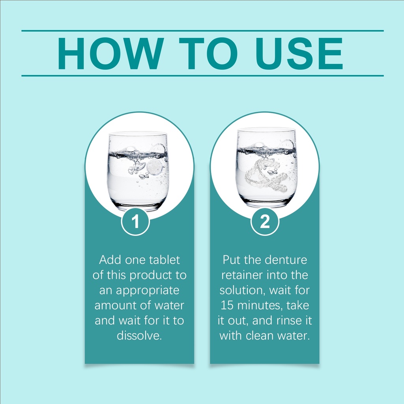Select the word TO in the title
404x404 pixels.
pyautogui.click(x=208, y=54)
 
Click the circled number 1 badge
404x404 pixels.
pyautogui.click(x=136, y=221)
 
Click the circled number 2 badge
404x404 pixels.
pyautogui.click(x=265, y=221)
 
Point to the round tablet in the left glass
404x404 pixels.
pyautogui.click(x=154, y=167)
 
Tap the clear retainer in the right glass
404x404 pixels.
pyautogui.click(x=266, y=175)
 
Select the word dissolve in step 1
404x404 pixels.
pyautogui.click(x=139, y=335)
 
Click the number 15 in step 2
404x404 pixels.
pyautogui.click(x=227, y=305)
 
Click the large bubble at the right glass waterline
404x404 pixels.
pyautogui.click(x=287, y=145)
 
